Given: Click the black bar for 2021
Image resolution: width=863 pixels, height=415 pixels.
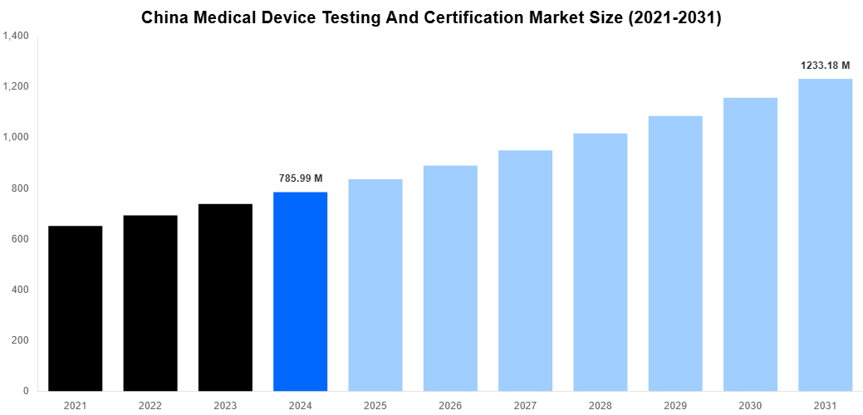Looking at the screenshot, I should tap(76, 308).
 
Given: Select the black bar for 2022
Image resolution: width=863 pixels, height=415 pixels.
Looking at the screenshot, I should tap(150, 303).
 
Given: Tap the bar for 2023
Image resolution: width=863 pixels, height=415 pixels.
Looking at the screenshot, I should tap(225, 297).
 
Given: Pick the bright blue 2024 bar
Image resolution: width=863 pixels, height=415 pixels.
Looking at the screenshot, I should tap(300, 291).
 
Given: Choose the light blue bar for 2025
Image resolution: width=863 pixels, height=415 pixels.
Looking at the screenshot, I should tap(375, 285).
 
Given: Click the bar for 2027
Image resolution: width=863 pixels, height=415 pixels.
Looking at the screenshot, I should tap(525, 271).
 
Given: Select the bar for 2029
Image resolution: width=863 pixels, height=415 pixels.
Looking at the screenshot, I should tap(675, 253).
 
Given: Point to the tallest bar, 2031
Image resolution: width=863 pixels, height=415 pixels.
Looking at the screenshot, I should tap(826, 235).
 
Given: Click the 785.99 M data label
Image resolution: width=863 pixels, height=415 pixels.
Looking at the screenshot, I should tap(301, 178).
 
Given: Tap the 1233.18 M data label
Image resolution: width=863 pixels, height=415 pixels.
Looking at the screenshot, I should tap(826, 65).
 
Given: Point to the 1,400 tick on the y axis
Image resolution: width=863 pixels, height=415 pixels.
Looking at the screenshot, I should tap(16, 37).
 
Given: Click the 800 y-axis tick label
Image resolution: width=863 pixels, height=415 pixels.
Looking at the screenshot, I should tap(19, 188).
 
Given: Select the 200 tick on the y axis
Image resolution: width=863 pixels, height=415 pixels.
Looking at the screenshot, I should tap(19, 340).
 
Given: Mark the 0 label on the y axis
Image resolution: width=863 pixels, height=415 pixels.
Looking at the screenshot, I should tap(26, 391).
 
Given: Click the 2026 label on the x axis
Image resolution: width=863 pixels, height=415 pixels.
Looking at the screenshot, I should tap(450, 405).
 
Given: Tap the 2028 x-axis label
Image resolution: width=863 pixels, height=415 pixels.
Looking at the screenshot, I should tap(601, 405).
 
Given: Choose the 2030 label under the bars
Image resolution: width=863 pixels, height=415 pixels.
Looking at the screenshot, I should tap(750, 405).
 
